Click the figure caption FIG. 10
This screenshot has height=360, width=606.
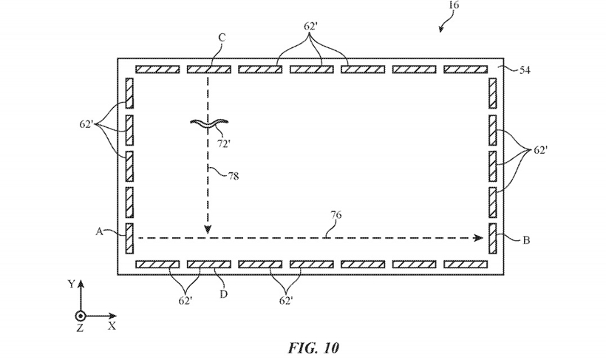pyautogui.click(x=313, y=347)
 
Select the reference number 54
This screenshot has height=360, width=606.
pyautogui.click(x=524, y=70)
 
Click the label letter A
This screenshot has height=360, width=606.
pyautogui.click(x=99, y=231)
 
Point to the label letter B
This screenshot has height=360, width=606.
pyautogui.click(x=526, y=240)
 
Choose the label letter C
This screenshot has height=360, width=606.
pyautogui.click(x=222, y=38)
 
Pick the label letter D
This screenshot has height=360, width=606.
pyautogui.click(x=223, y=294)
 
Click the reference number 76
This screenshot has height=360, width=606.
pyautogui.click(x=336, y=215)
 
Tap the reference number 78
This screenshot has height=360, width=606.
pyautogui.click(x=233, y=177)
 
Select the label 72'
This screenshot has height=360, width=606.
pyautogui.click(x=224, y=144)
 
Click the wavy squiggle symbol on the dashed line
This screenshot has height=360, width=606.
pyautogui.click(x=209, y=123)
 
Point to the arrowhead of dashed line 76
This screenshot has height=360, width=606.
pyautogui.click(x=480, y=238)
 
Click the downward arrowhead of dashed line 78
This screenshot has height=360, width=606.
pyautogui.click(x=208, y=230)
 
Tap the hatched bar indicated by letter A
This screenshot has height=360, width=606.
pyautogui.click(x=129, y=239)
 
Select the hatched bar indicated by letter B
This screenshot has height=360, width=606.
pyautogui.click(x=493, y=239)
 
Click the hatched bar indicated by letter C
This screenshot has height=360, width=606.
pyautogui.click(x=209, y=69)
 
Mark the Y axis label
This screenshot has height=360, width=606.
pyautogui.click(x=71, y=284)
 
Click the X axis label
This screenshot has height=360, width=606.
pyautogui.click(x=112, y=326)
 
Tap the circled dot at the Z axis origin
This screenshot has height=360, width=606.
pyautogui.click(x=81, y=316)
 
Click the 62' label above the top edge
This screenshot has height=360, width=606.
pyautogui.click(x=310, y=27)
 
